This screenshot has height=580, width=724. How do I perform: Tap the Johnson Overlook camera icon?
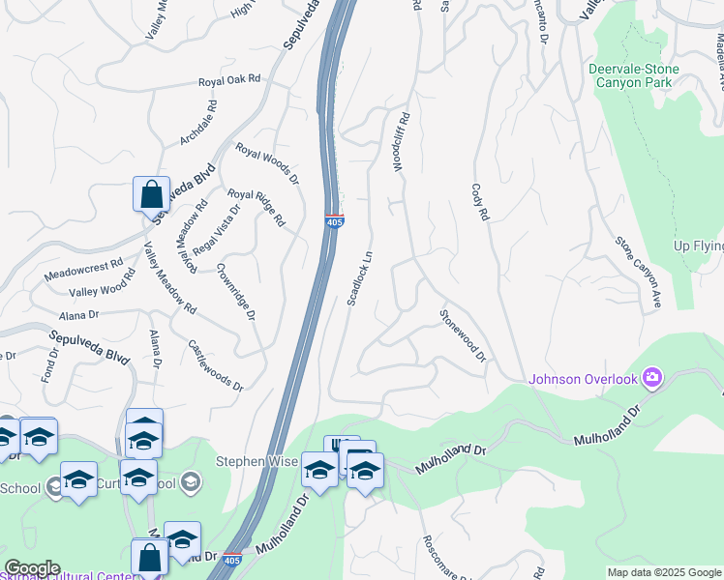click(x=652, y=376)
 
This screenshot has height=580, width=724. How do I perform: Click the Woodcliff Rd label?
click(x=402, y=141)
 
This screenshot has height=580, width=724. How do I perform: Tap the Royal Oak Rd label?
click(x=229, y=81)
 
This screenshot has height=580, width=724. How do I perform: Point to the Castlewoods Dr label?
click(x=216, y=364)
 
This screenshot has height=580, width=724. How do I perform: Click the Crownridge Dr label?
click(x=236, y=292)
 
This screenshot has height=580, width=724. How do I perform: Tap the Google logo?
click(x=32, y=568)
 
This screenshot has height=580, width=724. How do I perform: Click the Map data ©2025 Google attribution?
click(x=663, y=572)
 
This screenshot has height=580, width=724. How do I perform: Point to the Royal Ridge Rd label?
click(x=256, y=208)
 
